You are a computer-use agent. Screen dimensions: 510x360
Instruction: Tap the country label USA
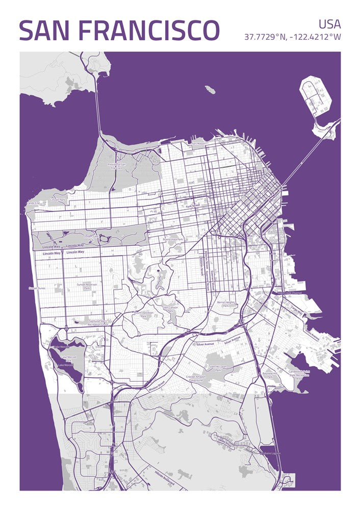coord(329,24)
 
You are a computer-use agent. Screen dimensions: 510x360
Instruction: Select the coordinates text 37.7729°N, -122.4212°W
coord(292,37)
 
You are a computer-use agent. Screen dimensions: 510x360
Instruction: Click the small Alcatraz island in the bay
coord(210,90)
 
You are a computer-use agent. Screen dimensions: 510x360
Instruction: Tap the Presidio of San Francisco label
coord(116,166)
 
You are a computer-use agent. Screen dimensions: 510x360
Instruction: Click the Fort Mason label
coord(198,144)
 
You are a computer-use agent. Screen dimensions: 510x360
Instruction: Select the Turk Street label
coord(193,206)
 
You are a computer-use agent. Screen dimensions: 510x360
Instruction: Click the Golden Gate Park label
coord(91,236)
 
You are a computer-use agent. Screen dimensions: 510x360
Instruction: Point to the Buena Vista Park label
coord(173,239)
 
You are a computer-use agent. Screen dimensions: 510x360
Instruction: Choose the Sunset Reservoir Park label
coord(87,286)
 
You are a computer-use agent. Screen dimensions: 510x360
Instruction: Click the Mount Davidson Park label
coord(143,314)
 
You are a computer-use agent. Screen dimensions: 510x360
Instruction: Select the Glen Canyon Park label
coord(170,309)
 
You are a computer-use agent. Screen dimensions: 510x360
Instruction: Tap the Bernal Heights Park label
coord(226,304)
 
